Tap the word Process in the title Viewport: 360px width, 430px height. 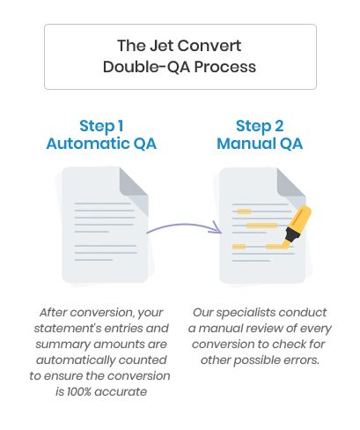(x=225, y=67)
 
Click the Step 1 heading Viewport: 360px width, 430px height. (x=101, y=126)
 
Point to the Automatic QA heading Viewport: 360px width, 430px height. (x=101, y=144)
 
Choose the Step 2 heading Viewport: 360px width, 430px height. (x=260, y=126)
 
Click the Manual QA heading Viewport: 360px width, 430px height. (x=260, y=144)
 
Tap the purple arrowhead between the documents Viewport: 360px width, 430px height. (x=217, y=228)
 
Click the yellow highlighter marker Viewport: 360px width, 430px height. (x=297, y=226)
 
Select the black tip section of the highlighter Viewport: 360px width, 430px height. (x=292, y=234)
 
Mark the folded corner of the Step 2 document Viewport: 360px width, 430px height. (x=291, y=184)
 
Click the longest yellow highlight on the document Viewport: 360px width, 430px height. (x=261, y=226)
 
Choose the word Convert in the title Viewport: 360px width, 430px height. (x=209, y=46)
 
